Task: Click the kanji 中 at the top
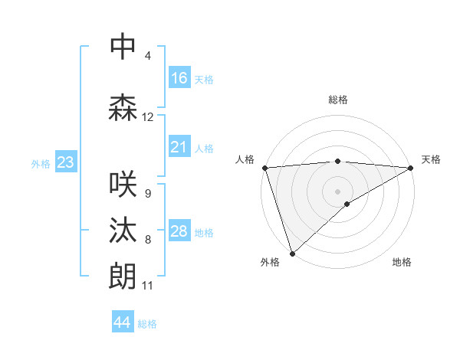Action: coord(123,47)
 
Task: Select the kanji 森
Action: coord(123,108)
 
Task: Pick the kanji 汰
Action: coord(123,231)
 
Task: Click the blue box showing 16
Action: coord(179,78)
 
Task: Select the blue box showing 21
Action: coord(179,147)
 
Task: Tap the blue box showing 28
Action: coord(179,231)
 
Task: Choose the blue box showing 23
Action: coord(65,162)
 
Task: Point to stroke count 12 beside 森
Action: coord(148,117)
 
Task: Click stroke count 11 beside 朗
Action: coord(148,286)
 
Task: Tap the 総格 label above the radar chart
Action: coord(338,100)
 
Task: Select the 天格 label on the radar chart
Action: coord(431,159)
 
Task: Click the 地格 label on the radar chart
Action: coord(402,262)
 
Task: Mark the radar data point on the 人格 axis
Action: coord(264,168)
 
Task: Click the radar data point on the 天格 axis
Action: coord(411,168)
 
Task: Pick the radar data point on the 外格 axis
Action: coord(292,253)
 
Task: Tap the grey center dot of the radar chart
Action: coord(338,191)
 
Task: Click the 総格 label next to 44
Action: coord(147,324)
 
